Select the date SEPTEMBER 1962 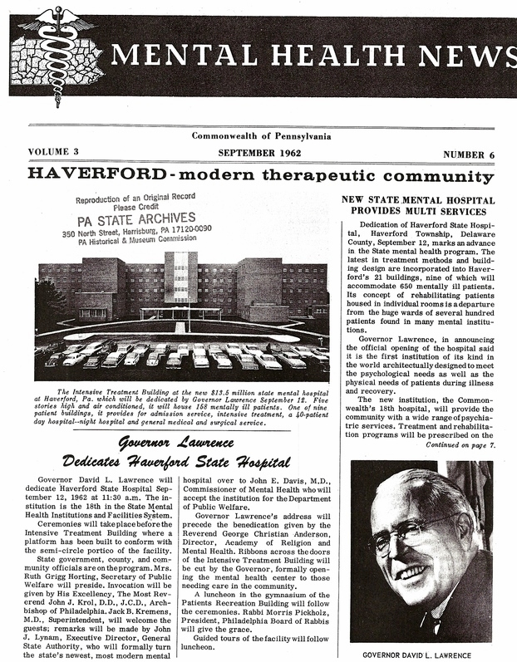(x=262, y=153)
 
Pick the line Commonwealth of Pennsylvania (x=261, y=135)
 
